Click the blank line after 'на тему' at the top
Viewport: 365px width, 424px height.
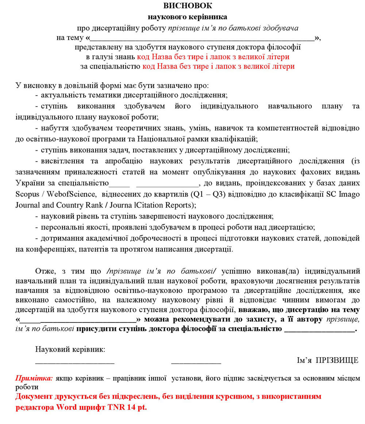click(202, 38)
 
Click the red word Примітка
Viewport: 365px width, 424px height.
click(34, 378)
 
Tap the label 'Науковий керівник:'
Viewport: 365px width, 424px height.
click(70, 349)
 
